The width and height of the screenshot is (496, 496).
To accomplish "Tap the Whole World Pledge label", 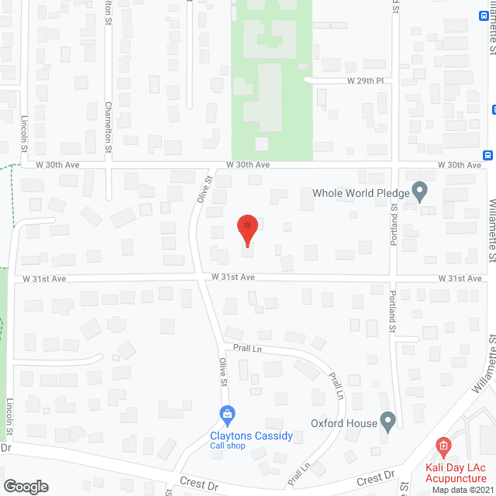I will point(360,193).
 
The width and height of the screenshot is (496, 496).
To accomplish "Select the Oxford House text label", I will point(343,423).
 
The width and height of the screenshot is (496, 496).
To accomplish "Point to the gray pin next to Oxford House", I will point(388,421).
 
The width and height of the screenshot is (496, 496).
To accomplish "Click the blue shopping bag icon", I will point(226,415).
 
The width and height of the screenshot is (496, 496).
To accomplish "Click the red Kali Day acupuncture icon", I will point(443,446).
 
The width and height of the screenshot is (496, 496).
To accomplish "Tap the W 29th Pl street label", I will point(365,81).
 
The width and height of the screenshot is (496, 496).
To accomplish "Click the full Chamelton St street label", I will point(109,126).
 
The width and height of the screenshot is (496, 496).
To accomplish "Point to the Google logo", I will point(26,486).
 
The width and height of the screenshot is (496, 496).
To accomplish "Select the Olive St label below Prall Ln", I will point(223,372).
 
